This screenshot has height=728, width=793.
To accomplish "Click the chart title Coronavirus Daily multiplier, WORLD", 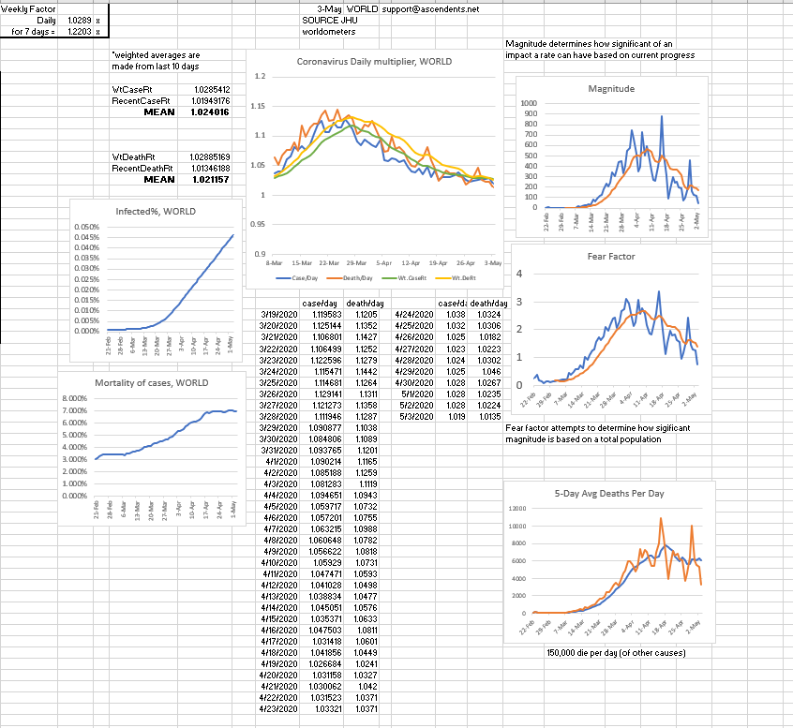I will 374,62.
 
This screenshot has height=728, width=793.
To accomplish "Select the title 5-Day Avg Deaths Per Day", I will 609,494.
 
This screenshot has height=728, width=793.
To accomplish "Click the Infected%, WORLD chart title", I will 156,211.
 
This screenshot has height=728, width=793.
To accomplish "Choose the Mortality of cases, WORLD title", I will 152,383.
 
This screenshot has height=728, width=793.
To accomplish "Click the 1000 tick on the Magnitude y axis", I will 530,103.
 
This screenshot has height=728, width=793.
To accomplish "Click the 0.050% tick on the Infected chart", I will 86,228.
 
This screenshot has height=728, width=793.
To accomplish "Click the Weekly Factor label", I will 21,8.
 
